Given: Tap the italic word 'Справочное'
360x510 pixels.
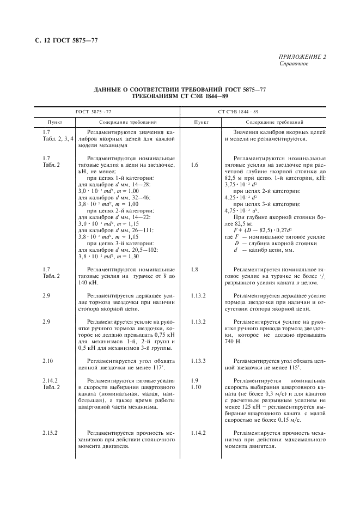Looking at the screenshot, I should [x=294, y=64].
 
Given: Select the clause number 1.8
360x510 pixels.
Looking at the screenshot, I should [x=195, y=269].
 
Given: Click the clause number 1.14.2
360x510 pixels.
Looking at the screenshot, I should [x=198, y=432].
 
